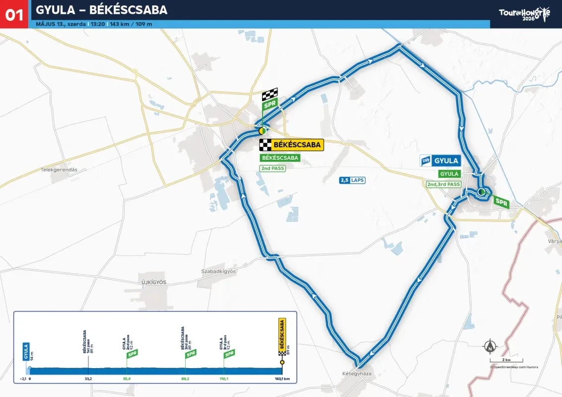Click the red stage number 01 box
14,14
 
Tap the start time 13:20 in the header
97,24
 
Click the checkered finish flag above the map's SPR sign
270,94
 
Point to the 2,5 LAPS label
352,180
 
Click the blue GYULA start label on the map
440,161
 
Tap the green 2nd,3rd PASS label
443,185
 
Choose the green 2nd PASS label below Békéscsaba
273,168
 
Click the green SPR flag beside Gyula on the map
501,202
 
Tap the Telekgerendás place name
59,170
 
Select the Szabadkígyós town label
218,271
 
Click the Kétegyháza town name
357,373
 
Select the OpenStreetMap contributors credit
514,367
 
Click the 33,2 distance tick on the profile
88,379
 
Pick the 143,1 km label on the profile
282,379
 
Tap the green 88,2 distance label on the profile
185,379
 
